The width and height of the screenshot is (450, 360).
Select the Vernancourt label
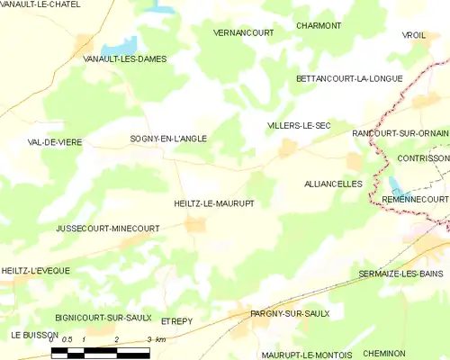(218, 31)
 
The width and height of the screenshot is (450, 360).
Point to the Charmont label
(319, 26)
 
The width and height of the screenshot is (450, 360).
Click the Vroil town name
(413, 35)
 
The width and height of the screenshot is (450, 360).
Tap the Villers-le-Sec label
(299, 126)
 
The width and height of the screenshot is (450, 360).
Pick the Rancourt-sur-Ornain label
(400, 132)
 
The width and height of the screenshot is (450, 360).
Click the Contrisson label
(423, 157)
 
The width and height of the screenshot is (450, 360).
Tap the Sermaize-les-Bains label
(400, 273)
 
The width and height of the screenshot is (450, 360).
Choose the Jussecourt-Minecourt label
(107, 229)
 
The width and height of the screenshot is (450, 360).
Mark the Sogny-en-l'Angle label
(168, 139)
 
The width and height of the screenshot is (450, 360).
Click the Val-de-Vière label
(54, 142)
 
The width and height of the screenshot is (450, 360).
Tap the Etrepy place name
(177, 320)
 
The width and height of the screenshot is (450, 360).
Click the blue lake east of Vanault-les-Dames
(118, 46)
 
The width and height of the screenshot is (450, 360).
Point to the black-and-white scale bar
(100, 352)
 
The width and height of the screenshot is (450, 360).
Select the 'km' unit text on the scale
(160, 339)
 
